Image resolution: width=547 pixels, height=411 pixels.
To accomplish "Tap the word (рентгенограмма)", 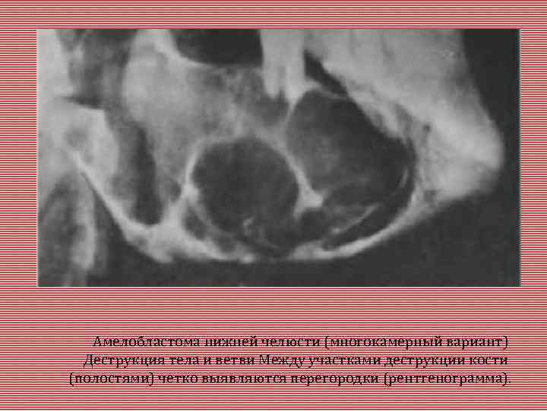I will click(447, 378).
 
